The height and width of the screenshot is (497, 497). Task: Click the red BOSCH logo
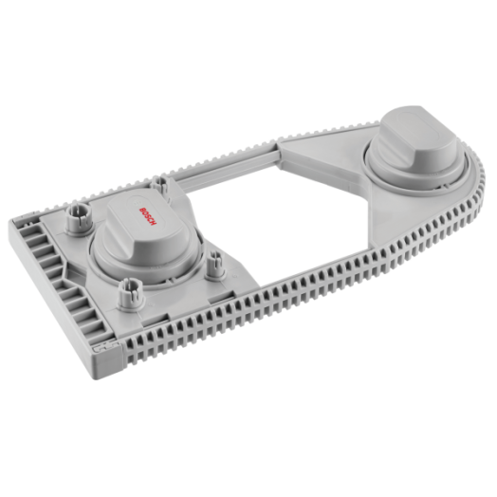(148, 216)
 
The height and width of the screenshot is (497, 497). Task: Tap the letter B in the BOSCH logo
(141, 210)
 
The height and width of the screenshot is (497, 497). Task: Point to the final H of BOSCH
(154, 223)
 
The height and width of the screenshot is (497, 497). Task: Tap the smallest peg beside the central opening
(216, 266)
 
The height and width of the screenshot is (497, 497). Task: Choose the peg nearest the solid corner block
(131, 295)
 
